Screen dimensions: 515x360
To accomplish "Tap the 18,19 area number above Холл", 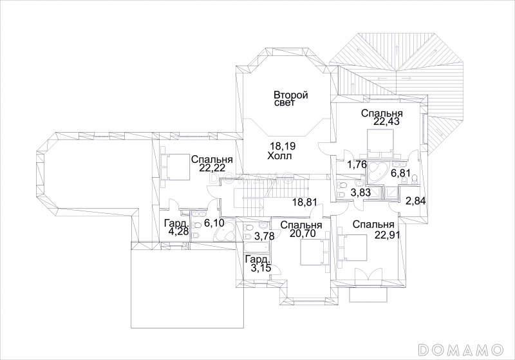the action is click(x=281, y=146).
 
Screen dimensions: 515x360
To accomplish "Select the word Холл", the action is click(x=279, y=156).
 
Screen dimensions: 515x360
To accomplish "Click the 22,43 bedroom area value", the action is click(x=386, y=122).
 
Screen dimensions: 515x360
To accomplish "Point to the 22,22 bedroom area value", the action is click(x=212, y=169).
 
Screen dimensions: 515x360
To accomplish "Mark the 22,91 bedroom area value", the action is click(x=388, y=234).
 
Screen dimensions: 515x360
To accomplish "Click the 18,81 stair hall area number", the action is click(x=305, y=202).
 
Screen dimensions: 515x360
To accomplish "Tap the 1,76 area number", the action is click(x=357, y=164).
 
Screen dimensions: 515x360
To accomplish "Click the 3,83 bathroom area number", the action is click(x=360, y=193).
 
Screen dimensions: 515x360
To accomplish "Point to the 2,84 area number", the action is click(x=416, y=201).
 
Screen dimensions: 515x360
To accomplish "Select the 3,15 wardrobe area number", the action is click(x=261, y=268).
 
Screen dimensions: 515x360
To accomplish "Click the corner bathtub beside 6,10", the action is click(x=223, y=233).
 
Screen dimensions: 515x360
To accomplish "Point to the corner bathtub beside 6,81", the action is click(x=377, y=171).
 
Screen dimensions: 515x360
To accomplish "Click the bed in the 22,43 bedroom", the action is click(x=380, y=144).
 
